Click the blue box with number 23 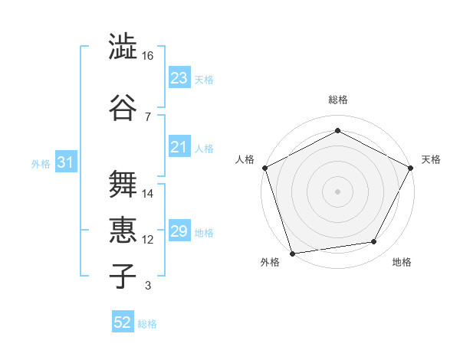click(179, 77)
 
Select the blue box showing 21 click(179, 147)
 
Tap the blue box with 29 click(179, 231)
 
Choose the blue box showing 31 click(65, 162)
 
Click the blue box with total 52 click(123, 322)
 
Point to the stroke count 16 click(148, 56)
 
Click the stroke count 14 click(148, 194)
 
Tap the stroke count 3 click(147, 286)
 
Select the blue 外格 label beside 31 click(41, 163)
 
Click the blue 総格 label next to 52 click(147, 324)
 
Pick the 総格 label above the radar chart click(337, 100)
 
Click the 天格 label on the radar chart click(431, 159)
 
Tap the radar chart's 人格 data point click(264, 167)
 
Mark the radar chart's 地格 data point click(374, 242)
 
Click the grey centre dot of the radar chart click(337, 191)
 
